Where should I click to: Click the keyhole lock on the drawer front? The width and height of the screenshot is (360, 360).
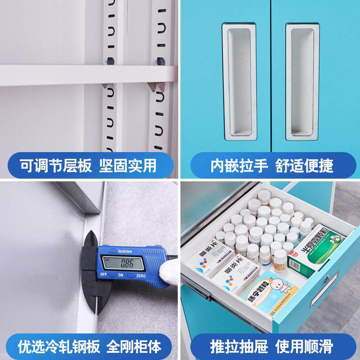[x=325, y=280]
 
